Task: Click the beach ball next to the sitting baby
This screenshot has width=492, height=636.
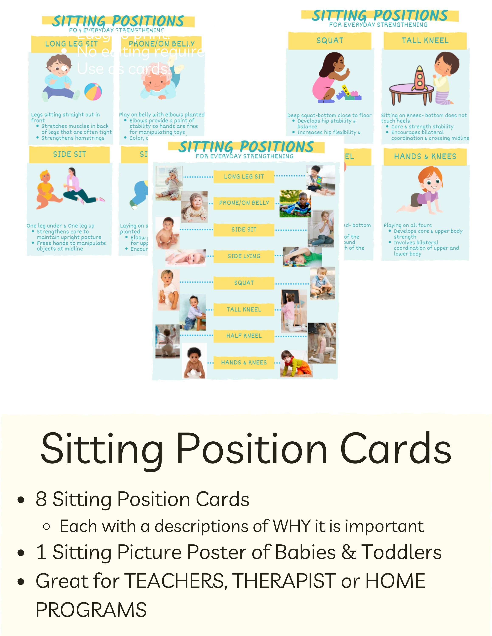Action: (x=93, y=91)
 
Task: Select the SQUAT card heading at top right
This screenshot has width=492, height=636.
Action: (x=330, y=40)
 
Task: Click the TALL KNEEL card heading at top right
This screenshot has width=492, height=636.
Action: (x=425, y=40)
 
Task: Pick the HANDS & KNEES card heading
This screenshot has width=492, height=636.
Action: (x=425, y=157)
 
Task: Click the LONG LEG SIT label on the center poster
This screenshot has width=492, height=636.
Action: (x=244, y=176)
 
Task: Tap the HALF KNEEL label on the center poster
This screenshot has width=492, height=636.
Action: (x=244, y=336)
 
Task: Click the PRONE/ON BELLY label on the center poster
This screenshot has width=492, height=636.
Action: (x=244, y=203)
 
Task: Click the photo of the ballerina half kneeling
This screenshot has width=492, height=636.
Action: (x=322, y=343)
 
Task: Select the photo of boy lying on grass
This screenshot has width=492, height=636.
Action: (x=295, y=204)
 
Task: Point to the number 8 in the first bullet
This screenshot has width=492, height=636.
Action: (x=41, y=499)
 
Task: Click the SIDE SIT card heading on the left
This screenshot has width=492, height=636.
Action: (x=69, y=154)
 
